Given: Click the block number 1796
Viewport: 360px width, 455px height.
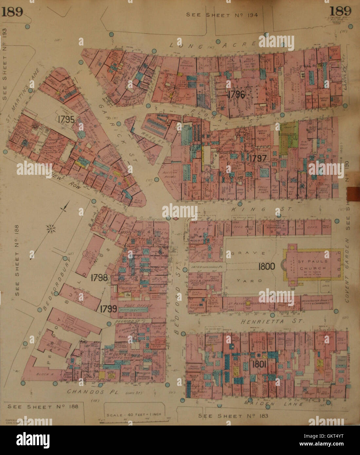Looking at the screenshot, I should click(x=236, y=95).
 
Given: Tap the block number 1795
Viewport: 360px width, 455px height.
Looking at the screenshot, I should click(x=68, y=118).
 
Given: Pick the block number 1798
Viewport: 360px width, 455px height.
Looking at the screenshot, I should click(x=99, y=278).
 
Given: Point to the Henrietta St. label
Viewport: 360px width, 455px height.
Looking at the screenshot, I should click(x=272, y=322).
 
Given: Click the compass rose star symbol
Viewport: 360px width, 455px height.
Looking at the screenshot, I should click(x=51, y=228).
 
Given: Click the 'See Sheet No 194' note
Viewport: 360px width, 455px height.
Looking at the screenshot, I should click(x=222, y=14).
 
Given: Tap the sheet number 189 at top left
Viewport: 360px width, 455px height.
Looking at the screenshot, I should click(x=13, y=12).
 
